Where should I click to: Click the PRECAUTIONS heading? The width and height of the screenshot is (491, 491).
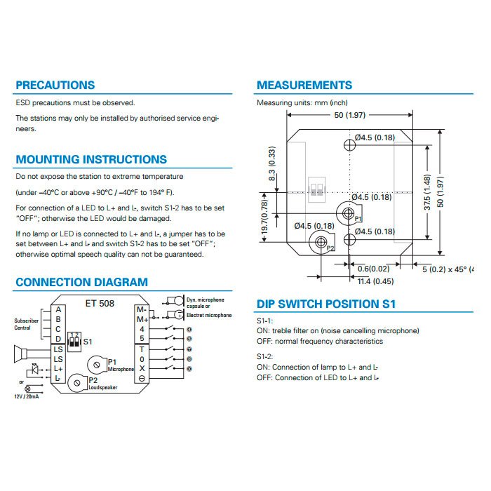pyautogui.click(x=55, y=85)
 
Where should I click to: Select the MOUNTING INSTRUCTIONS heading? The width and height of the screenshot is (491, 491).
pyautogui.click(x=91, y=159)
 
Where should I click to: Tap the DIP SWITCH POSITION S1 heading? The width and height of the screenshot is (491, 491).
pyautogui.click(x=326, y=304)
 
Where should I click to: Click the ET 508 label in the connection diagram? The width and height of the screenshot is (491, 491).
pyautogui.click(x=100, y=304)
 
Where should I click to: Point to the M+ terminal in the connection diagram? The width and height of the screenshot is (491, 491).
pyautogui.click(x=142, y=319)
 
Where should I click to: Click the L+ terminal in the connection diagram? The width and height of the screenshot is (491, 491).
pyautogui.click(x=58, y=369)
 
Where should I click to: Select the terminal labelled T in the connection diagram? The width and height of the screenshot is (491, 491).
pyautogui.click(x=142, y=349)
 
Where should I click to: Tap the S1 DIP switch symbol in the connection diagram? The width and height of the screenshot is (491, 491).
pyautogui.click(x=74, y=342)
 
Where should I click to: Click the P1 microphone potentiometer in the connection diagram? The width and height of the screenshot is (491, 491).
pyautogui.click(x=97, y=365)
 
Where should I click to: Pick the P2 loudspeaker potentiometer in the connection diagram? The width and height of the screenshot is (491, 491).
pyautogui.click(x=77, y=383)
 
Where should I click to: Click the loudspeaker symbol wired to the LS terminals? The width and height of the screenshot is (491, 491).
pyautogui.click(x=21, y=354)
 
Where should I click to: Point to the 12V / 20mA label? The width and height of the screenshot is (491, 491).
pyautogui.click(x=27, y=396)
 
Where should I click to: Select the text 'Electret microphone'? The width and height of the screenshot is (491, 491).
pyautogui.click(x=209, y=316)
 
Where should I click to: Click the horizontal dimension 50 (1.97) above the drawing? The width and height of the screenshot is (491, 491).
pyautogui.click(x=350, y=115)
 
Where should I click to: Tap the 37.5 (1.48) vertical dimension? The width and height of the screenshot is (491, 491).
pyautogui.click(x=426, y=192)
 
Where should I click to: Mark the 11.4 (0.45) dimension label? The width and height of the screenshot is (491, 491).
pyautogui.click(x=375, y=281)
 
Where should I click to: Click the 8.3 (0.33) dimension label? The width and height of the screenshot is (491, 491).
pyautogui.click(x=272, y=163)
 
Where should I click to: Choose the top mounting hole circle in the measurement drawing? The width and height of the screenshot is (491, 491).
pyautogui.click(x=349, y=145)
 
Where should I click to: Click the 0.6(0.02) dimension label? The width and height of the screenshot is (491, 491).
pyautogui.click(x=374, y=269)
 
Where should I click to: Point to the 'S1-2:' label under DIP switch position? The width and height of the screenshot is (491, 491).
pyautogui.click(x=265, y=356)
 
